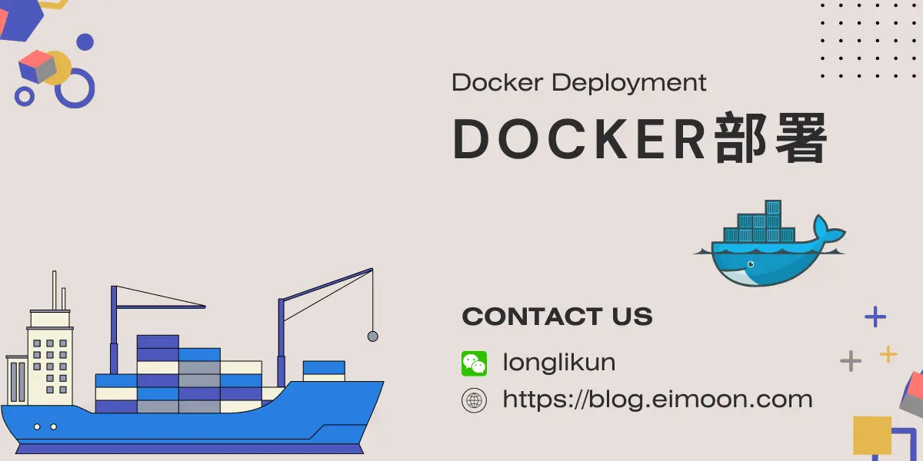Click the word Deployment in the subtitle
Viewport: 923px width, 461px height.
pos(629,84)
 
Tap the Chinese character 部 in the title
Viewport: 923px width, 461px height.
pos(740,138)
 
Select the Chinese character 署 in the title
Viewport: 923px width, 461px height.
pos(801,138)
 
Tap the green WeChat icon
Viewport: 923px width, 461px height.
pos(474,363)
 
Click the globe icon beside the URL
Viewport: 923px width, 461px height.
pos(474,400)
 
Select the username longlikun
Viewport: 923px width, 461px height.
pos(559,362)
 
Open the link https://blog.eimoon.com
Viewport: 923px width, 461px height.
pos(658,400)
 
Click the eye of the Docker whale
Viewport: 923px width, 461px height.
pos(751,264)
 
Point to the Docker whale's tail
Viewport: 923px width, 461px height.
pos(828,230)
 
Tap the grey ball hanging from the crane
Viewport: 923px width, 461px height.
pos(372,337)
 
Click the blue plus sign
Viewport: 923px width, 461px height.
pos(875,317)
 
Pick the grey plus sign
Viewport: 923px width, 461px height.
pos(851,361)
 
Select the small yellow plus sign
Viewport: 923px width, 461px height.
pos(888,354)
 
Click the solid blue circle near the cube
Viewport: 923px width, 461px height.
pos(85,42)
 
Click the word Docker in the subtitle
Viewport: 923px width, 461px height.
pos(498,82)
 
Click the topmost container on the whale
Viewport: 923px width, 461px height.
pos(773,207)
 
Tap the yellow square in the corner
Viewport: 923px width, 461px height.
pos(872,436)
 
